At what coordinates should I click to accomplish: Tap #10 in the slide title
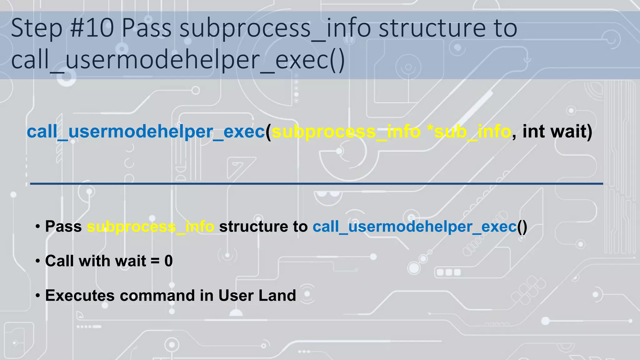(92, 28)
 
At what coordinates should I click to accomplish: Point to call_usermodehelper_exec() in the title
(178, 60)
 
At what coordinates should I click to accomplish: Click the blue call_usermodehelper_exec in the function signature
(146, 132)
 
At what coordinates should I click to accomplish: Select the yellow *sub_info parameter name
(469, 132)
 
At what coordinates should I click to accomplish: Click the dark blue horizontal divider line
(316, 184)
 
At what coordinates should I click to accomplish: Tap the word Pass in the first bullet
(63, 226)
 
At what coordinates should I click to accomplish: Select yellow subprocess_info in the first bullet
(151, 227)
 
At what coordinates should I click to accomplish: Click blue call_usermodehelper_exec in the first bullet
(415, 227)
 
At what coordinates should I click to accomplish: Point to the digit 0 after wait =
(168, 261)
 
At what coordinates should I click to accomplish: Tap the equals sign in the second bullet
(155, 261)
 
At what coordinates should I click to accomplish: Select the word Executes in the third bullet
(80, 295)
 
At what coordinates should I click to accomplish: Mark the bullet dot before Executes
(38, 295)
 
